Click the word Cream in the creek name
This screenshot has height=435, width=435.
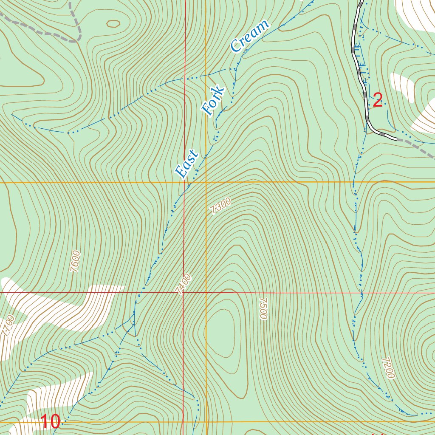[x=250, y=36]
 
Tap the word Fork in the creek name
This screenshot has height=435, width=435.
[x=213, y=101]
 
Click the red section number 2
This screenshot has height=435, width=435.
[x=377, y=101]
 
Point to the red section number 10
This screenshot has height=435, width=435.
[x=51, y=422]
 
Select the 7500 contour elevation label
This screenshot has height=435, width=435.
[x=262, y=308]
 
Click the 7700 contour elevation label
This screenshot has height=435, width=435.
[x=8, y=326]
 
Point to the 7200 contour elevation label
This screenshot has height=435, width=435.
[x=388, y=367]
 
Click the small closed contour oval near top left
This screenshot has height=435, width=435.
[x=113, y=24]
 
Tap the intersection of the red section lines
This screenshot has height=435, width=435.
[x=184, y=293]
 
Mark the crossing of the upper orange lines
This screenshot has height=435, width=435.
[x=206, y=182]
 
